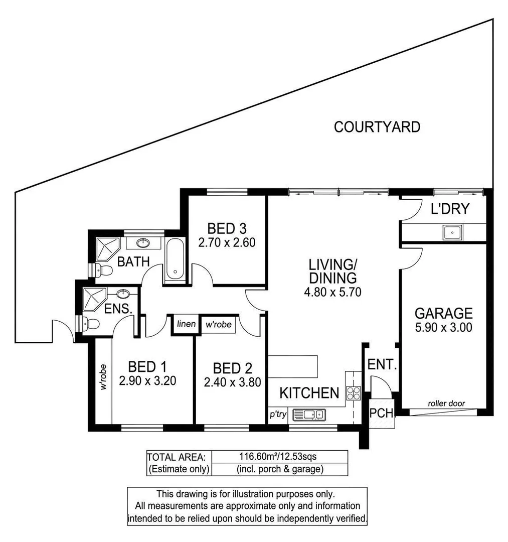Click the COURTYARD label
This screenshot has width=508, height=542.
point(377,127)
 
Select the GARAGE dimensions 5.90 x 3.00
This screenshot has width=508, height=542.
point(443,328)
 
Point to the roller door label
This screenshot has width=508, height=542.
point(446,403)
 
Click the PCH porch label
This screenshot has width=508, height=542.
point(381,414)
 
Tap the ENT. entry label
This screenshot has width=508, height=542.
point(382,365)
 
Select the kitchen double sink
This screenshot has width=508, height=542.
point(309,414)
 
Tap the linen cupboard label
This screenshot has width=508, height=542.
point(186,324)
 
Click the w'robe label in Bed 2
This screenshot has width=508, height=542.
point(219,325)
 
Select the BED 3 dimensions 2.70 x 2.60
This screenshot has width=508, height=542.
point(227,243)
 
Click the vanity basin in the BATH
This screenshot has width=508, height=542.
point(143,243)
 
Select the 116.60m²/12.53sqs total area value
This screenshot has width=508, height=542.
point(279,457)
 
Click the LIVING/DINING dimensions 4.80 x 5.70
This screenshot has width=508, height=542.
point(332,291)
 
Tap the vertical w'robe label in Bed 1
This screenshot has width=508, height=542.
point(104,377)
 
